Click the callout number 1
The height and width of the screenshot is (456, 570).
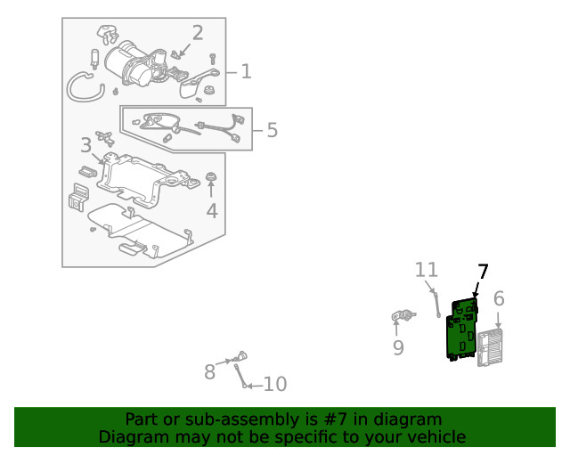tap(246, 71)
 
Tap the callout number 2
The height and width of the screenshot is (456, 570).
tap(197, 34)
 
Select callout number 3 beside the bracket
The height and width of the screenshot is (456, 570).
tap(85, 145)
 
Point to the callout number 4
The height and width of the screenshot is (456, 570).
tap(211, 211)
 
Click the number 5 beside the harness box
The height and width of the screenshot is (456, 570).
tap(272, 130)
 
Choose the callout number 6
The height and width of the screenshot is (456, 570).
tap(499, 299)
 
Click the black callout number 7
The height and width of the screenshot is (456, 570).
tap(483, 271)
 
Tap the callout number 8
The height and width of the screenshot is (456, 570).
tap(210, 371)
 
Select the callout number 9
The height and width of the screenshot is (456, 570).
tap(398, 347)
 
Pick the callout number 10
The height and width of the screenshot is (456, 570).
tap(275, 385)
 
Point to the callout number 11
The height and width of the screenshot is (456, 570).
tap(427, 269)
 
